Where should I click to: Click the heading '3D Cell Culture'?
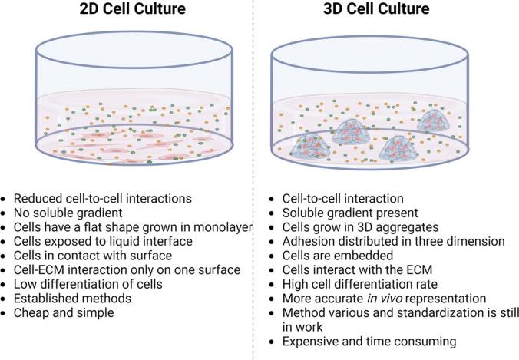pos(386,11)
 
